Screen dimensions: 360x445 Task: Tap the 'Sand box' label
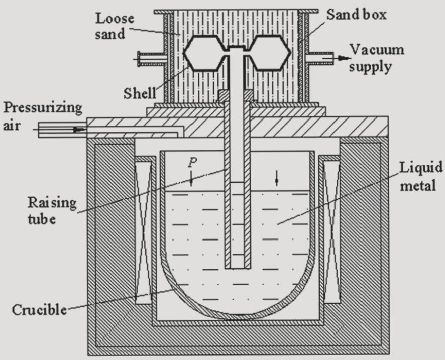pos(357,14)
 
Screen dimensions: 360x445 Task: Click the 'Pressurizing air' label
pos(41,116)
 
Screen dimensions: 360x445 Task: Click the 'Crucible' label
pos(39,309)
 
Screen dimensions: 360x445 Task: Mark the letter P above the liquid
pos(191,162)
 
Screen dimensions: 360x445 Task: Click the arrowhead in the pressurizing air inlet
pos(78,130)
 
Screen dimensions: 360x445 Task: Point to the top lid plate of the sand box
pos(236,11)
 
